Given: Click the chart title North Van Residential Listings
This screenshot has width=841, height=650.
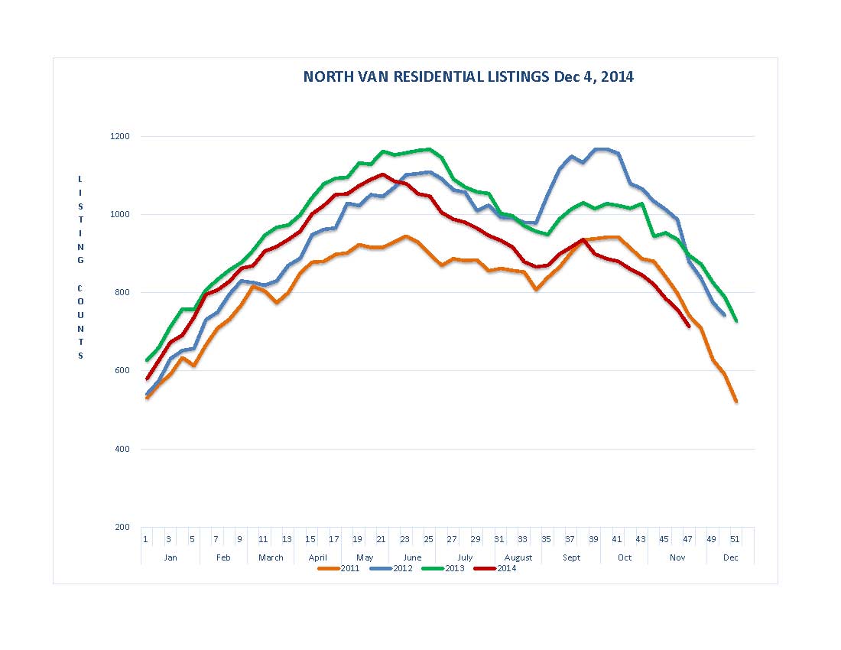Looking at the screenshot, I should (x=468, y=76).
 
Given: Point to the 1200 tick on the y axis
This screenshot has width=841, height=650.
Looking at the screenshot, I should (x=122, y=136).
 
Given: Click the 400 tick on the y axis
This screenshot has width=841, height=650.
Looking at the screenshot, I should (x=122, y=449).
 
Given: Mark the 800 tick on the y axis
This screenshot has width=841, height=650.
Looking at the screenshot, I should (x=122, y=293).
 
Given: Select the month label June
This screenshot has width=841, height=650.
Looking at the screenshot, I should (x=411, y=557).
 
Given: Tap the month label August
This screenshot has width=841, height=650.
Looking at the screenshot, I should (x=518, y=557).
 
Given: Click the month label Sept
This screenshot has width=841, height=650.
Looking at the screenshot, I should (x=571, y=557).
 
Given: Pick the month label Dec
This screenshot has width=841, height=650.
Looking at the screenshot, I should (x=730, y=557).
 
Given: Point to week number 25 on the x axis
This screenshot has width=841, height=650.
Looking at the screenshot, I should (x=428, y=539).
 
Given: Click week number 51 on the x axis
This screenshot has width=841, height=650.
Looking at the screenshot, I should (x=735, y=539).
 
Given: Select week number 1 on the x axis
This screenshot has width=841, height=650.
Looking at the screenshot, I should (x=145, y=539).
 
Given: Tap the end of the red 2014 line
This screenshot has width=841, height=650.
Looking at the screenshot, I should (x=689, y=327).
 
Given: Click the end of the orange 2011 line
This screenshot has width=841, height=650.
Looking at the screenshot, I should (x=736, y=401).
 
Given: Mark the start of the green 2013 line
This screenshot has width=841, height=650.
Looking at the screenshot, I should (x=147, y=360).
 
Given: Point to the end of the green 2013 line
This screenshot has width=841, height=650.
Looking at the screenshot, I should (x=736, y=320).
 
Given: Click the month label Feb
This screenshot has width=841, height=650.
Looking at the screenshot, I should (x=223, y=557).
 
